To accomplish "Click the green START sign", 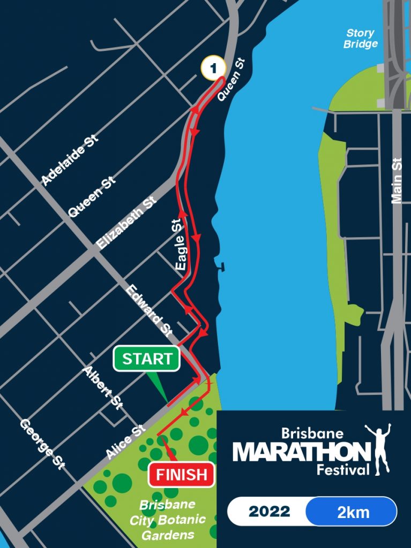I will click(146, 359).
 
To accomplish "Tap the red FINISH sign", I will click(181, 474).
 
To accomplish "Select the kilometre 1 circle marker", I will click(212, 68).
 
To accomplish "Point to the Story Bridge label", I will click(360, 39).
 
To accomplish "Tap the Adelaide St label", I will click(70, 160).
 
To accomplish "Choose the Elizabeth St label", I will click(127, 222).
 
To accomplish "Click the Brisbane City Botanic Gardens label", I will click(167, 520).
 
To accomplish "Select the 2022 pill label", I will click(270, 512).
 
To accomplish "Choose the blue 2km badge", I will click(353, 512).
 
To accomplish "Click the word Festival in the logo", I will click(343, 471).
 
